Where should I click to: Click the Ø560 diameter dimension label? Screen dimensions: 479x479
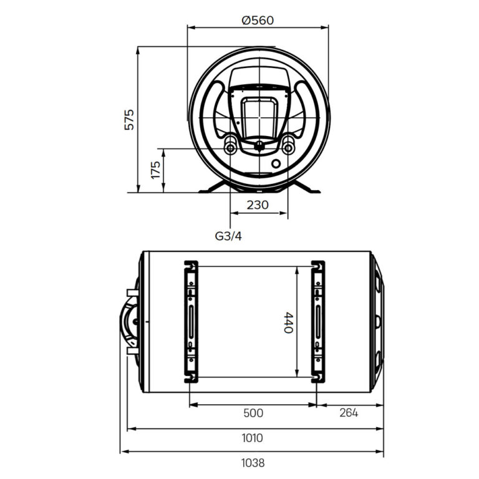point(258,20)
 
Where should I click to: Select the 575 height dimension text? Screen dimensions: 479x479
point(129,119)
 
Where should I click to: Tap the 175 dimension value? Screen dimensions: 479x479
point(156,170)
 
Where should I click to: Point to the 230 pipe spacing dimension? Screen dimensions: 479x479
point(258,205)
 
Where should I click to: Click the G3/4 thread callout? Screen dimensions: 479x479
point(228,236)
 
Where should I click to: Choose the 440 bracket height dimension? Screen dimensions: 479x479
point(288,322)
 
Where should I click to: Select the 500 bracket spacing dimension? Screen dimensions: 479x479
point(253,413)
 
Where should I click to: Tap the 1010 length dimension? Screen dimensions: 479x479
point(252,438)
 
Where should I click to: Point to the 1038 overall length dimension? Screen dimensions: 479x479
point(252,463)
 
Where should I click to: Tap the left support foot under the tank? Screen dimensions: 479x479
point(212,188)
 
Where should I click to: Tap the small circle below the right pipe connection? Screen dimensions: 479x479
point(276,165)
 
